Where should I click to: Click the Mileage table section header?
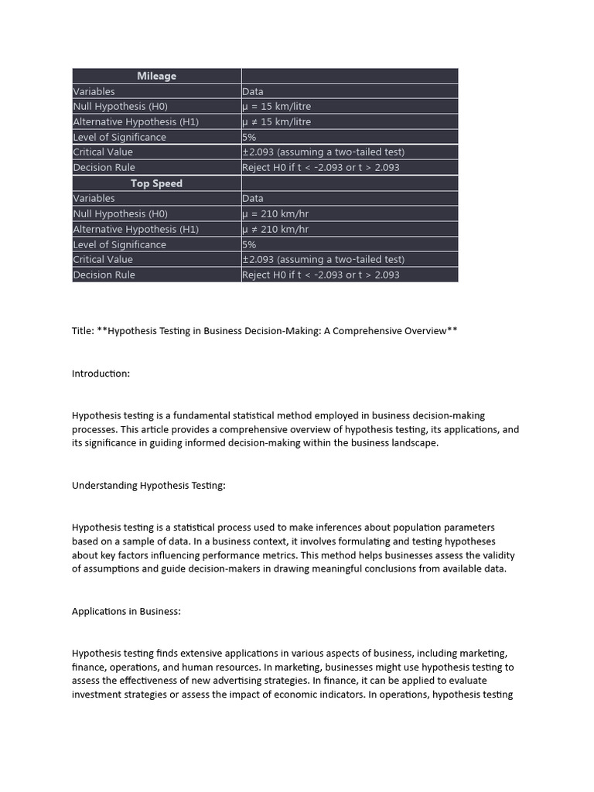point(156,76)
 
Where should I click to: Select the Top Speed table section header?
point(156,183)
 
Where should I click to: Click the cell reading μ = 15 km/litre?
point(276,107)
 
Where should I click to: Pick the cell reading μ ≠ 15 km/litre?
point(276,122)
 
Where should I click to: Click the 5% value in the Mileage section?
point(249,137)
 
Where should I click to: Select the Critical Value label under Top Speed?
point(103,260)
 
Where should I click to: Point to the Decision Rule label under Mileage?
point(104,168)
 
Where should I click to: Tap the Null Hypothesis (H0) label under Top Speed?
point(120,214)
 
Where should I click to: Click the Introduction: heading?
point(101,374)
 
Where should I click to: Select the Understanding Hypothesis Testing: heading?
point(148,486)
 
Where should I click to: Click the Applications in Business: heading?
point(126,611)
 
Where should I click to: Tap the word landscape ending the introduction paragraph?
point(412,443)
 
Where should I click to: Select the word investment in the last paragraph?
point(99,695)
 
